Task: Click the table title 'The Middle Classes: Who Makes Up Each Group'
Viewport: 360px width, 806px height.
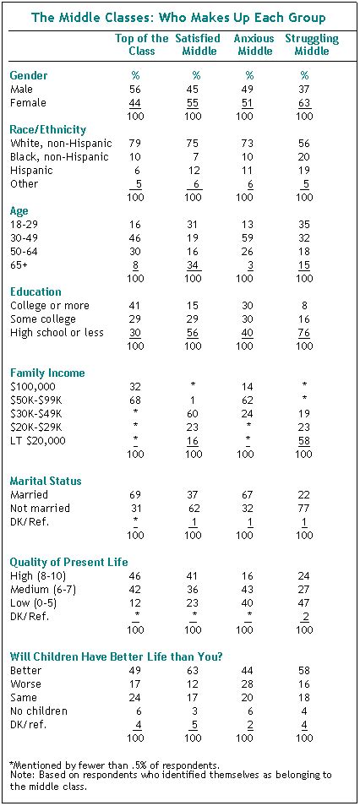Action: pyautogui.click(x=179, y=18)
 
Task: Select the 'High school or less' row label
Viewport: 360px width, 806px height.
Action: pyautogui.click(x=57, y=332)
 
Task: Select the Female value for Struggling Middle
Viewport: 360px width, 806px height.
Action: pyautogui.click(x=304, y=101)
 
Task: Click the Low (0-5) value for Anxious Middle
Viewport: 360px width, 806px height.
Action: pyautogui.click(x=245, y=603)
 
